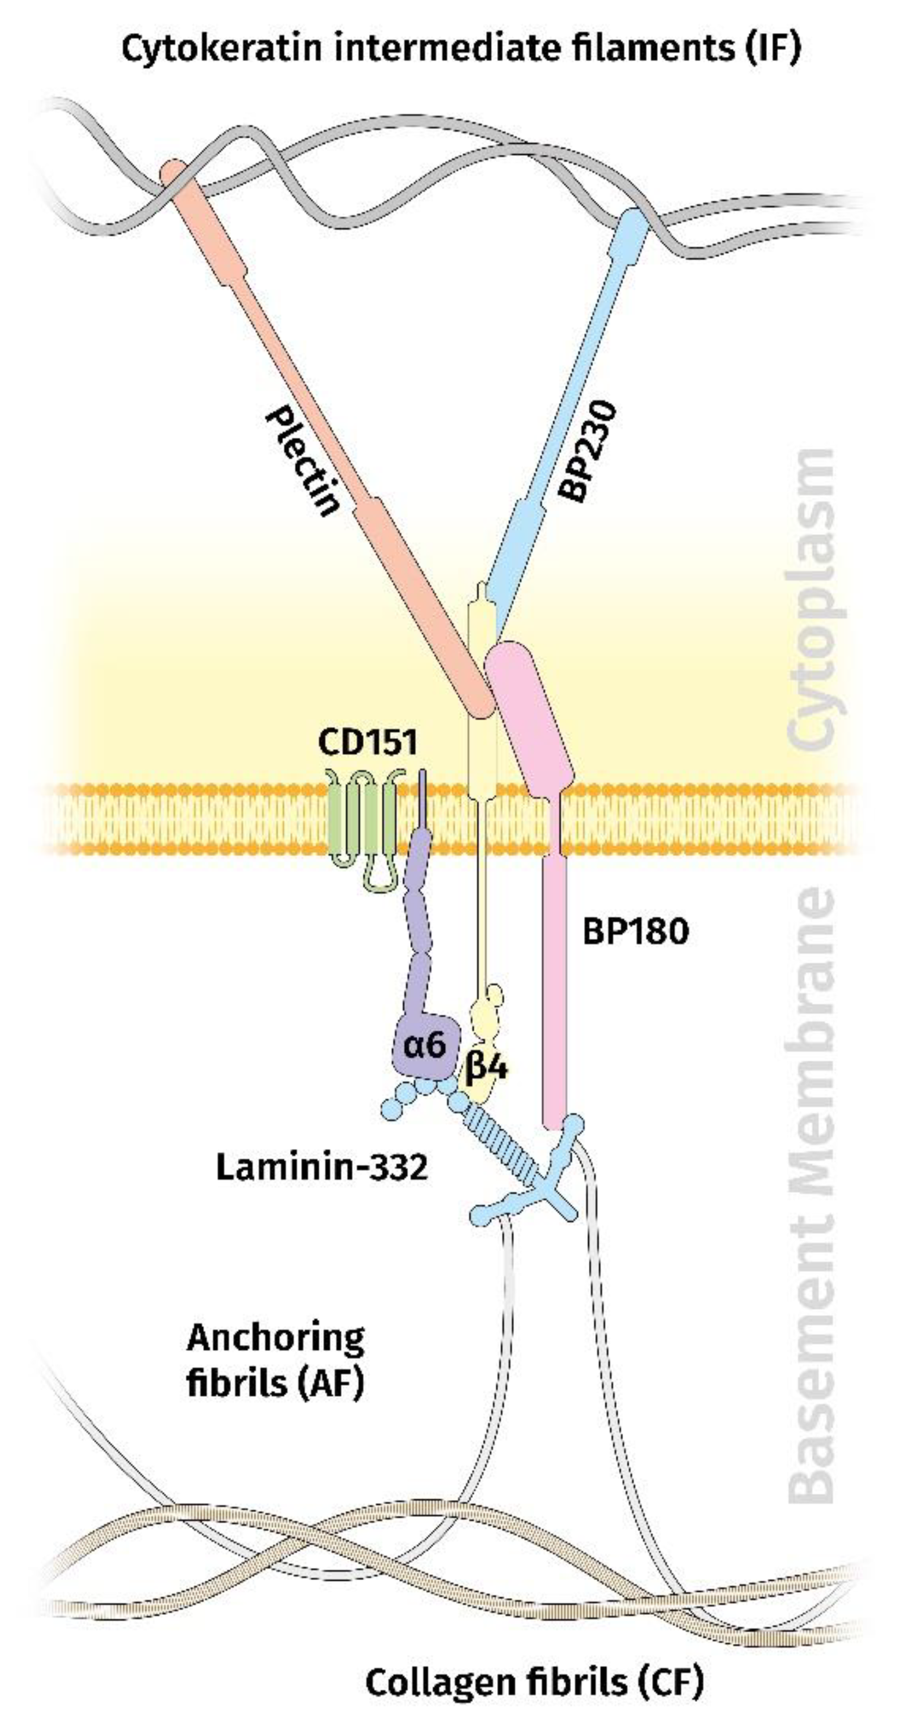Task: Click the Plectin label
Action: [303, 462]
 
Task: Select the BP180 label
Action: [635, 931]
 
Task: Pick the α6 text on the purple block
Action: [425, 1044]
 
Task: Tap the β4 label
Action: [486, 1068]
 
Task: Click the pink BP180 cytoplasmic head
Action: [528, 715]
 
